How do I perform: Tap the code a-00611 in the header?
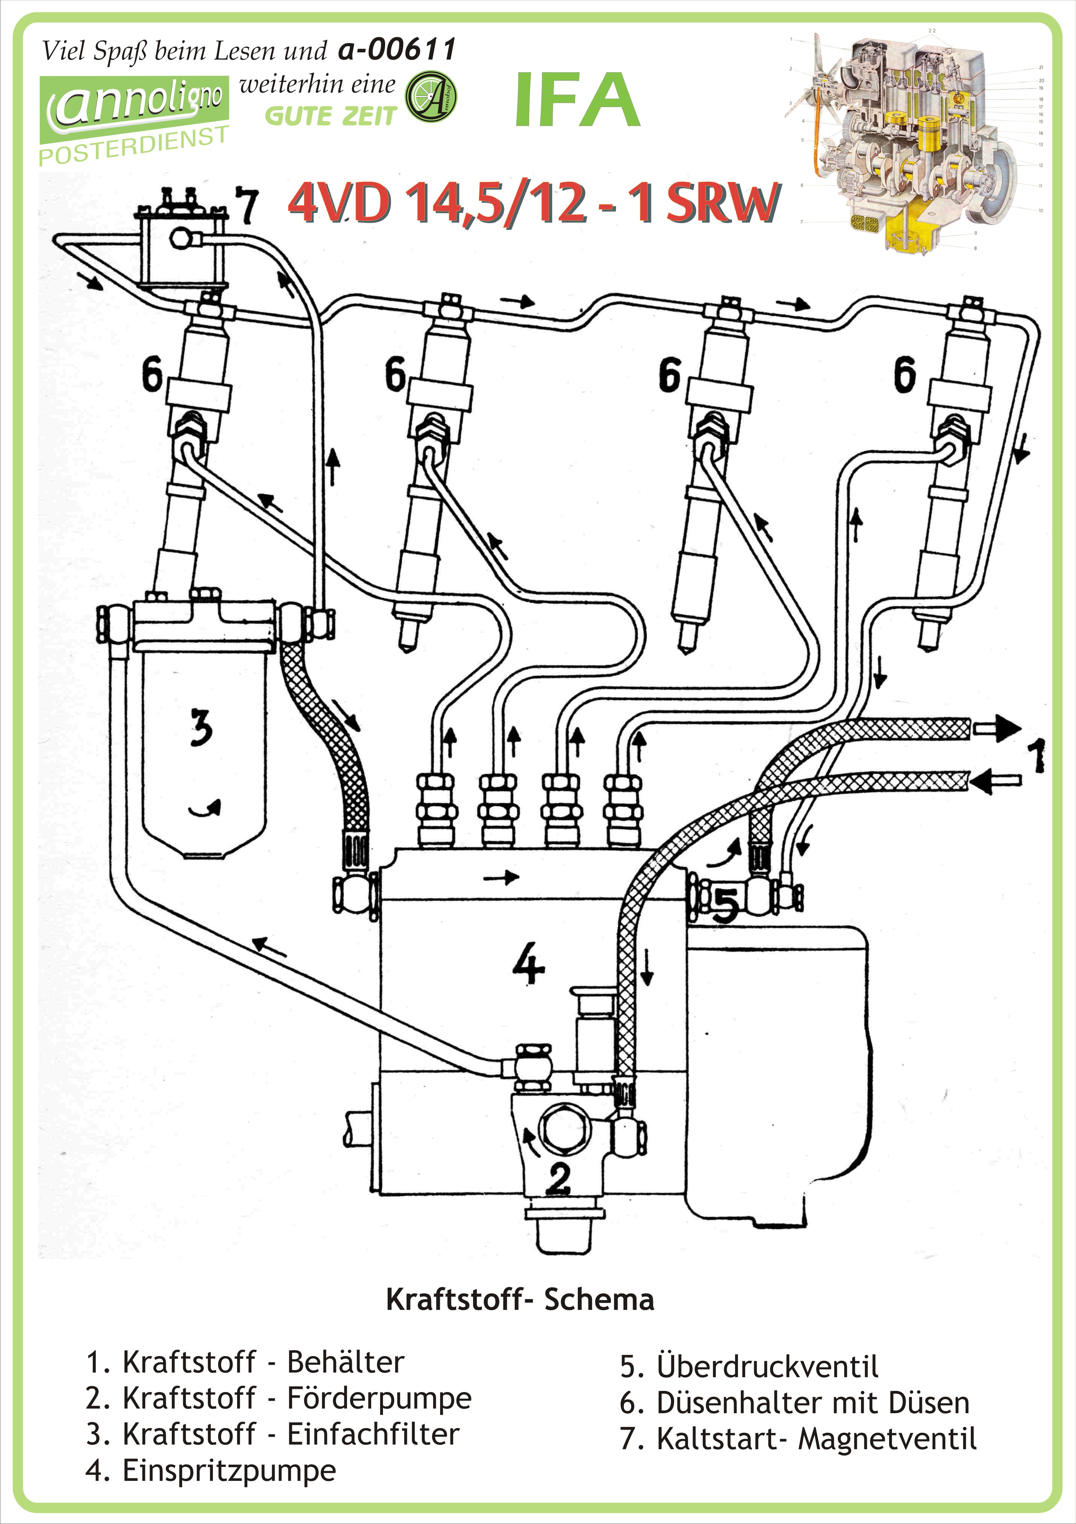point(397,49)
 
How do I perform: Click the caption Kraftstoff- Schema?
point(520,1300)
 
